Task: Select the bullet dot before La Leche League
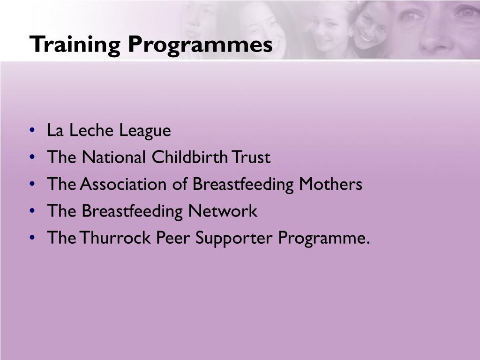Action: (31, 131)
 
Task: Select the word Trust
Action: (251, 157)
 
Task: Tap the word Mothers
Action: (331, 184)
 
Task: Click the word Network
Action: (223, 211)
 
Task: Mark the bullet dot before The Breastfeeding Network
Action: (31, 211)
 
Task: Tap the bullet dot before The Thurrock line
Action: (31, 238)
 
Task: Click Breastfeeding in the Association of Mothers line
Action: (242, 184)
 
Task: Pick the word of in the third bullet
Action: (181, 184)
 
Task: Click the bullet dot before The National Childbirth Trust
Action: (31, 157)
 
